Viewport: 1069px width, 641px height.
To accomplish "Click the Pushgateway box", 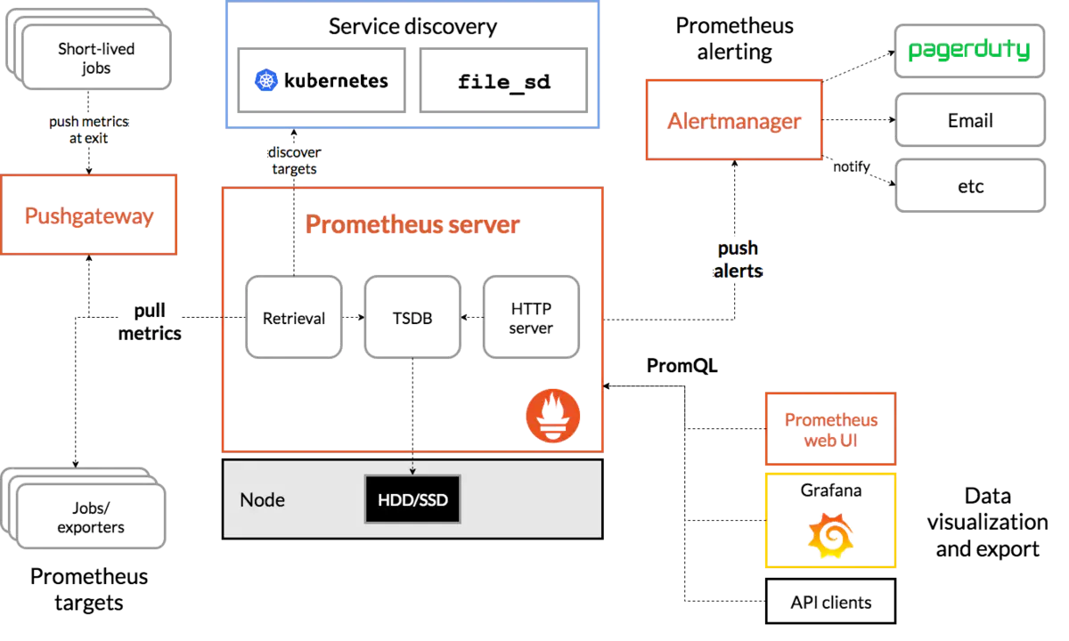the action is point(89,215).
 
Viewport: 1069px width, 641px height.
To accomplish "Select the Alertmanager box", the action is point(734,119).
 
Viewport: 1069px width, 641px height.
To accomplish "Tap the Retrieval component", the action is point(294,317).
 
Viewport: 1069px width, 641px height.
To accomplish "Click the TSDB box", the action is point(412,317).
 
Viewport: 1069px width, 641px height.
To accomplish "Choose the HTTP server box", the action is point(531,317).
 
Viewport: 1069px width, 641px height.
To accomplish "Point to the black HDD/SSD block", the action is point(412,499).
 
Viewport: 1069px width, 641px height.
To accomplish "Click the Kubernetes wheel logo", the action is point(265,80).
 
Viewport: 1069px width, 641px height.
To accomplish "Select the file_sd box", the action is point(503,80).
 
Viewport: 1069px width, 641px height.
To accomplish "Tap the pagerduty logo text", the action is point(969,50).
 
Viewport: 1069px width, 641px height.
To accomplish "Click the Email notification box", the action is point(970,120).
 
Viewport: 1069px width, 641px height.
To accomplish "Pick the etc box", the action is point(970,186).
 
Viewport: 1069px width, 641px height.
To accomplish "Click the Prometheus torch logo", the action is point(553,416).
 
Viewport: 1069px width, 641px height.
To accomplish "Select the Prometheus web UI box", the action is point(830,429).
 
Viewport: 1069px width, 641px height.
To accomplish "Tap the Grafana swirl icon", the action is point(830,535).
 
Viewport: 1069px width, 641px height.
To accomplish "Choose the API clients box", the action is point(830,602).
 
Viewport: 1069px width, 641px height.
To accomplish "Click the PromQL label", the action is point(682,366).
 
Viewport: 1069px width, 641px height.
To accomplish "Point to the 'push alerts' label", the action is point(738,259).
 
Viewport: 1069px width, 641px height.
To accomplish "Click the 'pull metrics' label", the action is point(150,322).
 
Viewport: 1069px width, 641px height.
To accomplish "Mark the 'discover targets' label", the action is point(294,161).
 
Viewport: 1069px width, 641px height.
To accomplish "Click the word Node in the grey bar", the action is point(262,499).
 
